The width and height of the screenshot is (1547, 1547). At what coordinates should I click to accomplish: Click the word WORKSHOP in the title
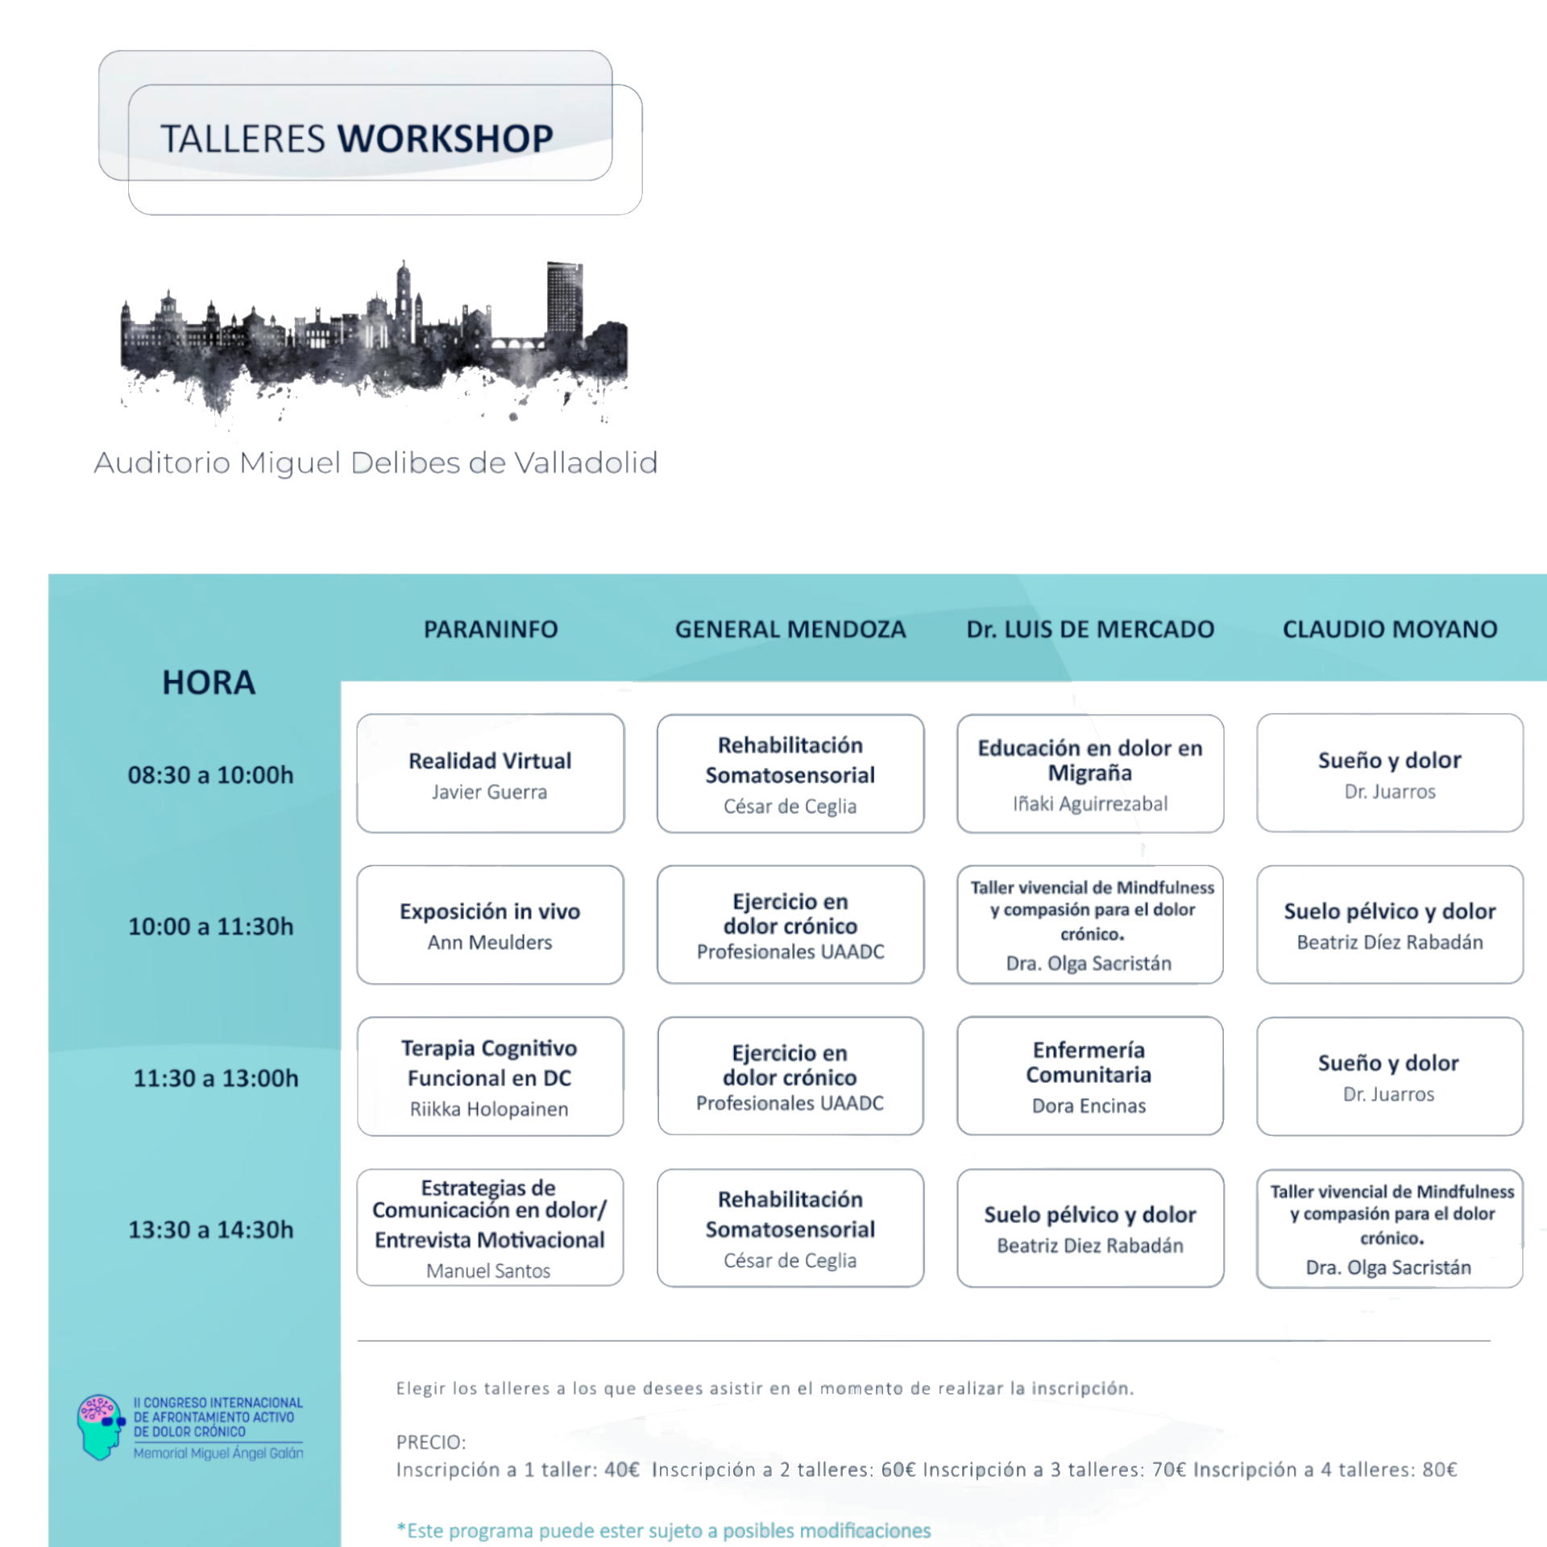(x=445, y=139)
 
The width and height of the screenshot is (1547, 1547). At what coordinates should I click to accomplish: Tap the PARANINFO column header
(x=491, y=629)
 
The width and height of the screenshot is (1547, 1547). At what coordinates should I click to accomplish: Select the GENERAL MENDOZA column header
(x=790, y=629)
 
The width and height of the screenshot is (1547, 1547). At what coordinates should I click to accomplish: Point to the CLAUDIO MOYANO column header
(x=1389, y=629)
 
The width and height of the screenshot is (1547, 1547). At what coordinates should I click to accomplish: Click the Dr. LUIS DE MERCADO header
(x=1089, y=629)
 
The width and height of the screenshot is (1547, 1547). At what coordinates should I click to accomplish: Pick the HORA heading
(x=209, y=683)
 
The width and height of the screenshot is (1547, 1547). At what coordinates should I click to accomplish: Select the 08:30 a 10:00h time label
(x=210, y=775)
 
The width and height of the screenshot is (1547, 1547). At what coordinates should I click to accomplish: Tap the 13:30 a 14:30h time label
(x=210, y=1230)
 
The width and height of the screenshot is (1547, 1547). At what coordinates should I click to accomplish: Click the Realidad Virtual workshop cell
(x=490, y=773)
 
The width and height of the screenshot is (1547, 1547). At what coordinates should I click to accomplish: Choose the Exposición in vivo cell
(x=490, y=924)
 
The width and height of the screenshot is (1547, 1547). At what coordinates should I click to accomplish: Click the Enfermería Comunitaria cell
(x=1089, y=1076)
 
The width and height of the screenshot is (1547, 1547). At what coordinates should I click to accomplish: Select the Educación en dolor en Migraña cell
(x=1089, y=773)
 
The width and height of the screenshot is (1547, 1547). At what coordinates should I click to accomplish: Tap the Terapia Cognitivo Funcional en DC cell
(x=490, y=1076)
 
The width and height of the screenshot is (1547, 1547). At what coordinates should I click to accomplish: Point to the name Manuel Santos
(x=488, y=1271)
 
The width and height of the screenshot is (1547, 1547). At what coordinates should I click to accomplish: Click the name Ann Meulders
(x=490, y=942)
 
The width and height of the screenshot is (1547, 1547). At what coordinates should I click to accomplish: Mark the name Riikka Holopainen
(x=489, y=1109)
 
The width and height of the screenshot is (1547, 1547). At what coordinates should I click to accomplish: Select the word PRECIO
(x=430, y=1441)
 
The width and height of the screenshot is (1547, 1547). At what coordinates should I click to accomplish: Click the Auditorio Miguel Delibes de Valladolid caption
(x=375, y=463)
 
